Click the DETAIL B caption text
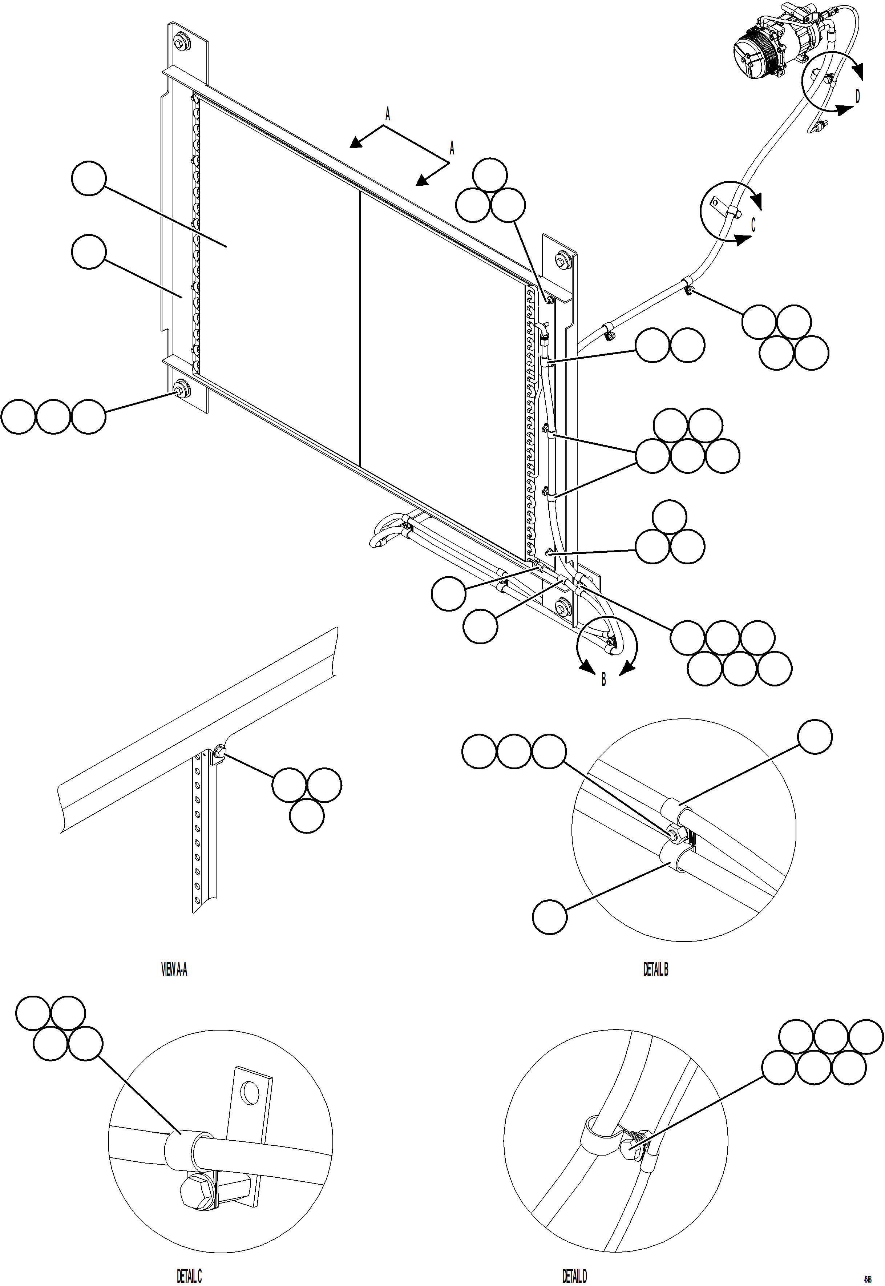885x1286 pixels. pyautogui.click(x=655, y=969)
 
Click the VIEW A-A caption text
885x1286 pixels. pyautogui.click(x=174, y=969)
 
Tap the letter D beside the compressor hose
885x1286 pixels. pyautogui.click(x=857, y=96)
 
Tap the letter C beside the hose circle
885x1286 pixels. pyautogui.click(x=753, y=225)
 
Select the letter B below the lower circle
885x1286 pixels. pyautogui.click(x=604, y=679)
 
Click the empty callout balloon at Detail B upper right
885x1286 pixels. pyautogui.click(x=815, y=737)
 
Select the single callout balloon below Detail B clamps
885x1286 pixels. pyautogui.click(x=550, y=917)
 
